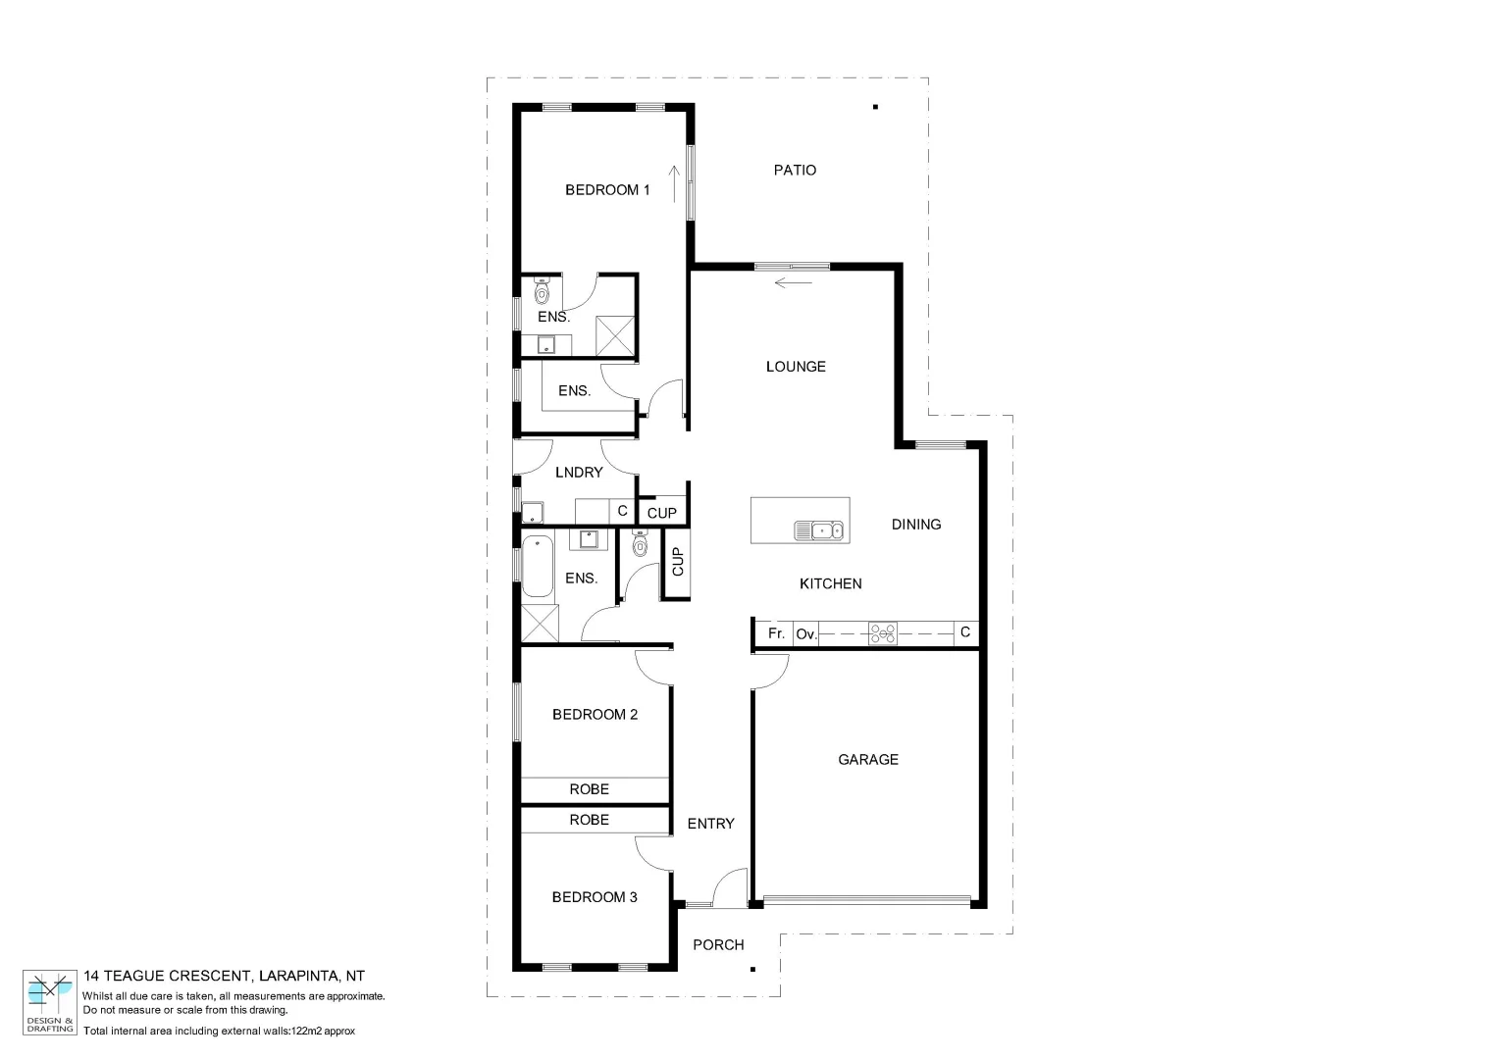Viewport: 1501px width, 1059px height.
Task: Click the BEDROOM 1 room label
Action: (x=607, y=190)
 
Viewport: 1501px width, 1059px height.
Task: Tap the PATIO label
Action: (x=795, y=171)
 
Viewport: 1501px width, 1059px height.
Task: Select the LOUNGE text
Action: (x=796, y=367)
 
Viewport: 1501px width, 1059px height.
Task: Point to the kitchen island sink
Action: (x=819, y=530)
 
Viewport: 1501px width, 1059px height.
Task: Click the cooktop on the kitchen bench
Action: (x=883, y=634)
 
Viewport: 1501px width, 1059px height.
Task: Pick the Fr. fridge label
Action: (x=776, y=633)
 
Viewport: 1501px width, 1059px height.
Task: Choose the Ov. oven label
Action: (x=806, y=634)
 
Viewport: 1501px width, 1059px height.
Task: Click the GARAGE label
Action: (x=868, y=760)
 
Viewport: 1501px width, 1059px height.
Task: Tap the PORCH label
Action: (x=718, y=945)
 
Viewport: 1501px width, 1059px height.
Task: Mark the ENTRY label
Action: (x=710, y=824)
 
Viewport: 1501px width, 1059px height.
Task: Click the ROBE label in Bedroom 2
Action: (x=590, y=789)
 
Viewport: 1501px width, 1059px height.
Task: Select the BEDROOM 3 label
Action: (x=595, y=897)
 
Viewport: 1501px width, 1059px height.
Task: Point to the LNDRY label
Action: (x=579, y=473)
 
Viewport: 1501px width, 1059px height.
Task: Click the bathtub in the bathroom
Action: (x=537, y=567)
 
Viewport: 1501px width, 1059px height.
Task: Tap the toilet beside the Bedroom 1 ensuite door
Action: (x=542, y=291)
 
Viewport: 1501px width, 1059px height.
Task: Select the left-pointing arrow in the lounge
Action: (x=794, y=284)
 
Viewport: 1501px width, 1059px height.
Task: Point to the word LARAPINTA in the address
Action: (x=299, y=976)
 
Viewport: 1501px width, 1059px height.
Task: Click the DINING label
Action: (x=916, y=525)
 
